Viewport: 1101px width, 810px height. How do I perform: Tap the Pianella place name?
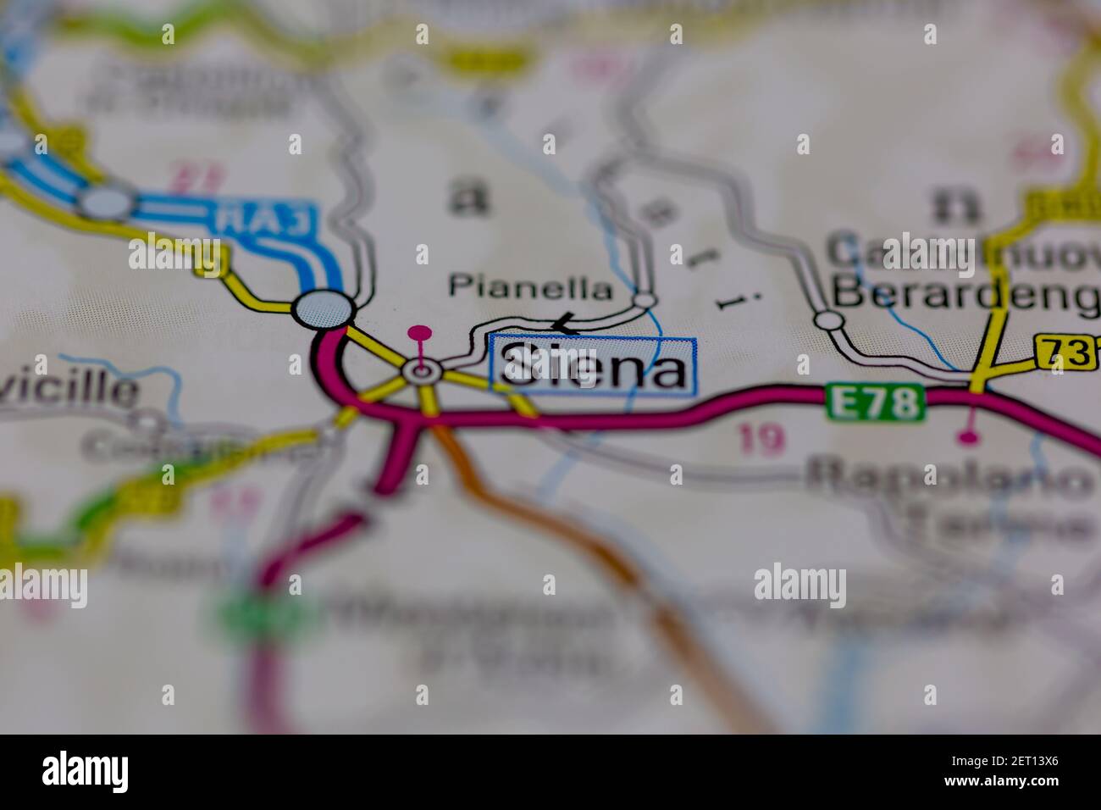coord(530,287)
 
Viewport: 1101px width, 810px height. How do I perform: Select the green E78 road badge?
coord(874,402)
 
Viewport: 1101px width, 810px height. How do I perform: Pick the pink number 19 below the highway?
coord(761,440)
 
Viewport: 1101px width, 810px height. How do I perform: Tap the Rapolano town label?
coord(949,479)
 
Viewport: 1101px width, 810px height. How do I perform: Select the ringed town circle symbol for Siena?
coord(421,370)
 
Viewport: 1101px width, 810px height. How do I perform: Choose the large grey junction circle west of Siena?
coord(323,308)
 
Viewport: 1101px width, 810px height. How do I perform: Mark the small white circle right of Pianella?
coord(645,300)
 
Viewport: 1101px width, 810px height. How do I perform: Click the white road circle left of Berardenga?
coord(828,320)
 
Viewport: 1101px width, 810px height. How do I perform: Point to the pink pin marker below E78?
coord(969,437)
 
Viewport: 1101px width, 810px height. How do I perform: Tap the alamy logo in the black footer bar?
coord(85,772)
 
